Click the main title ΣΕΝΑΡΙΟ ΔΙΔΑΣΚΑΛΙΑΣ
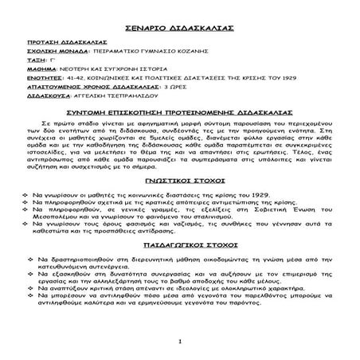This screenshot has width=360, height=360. pyautogui.click(x=179, y=27)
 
